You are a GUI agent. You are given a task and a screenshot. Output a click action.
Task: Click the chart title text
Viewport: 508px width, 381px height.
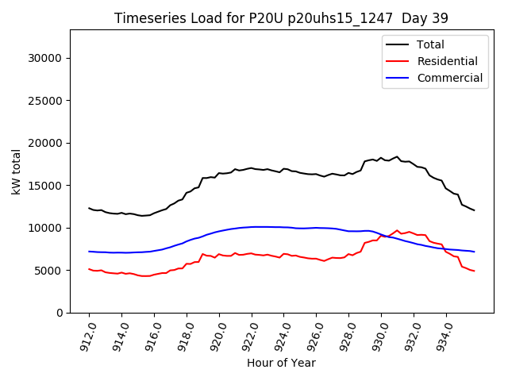coord(282,18)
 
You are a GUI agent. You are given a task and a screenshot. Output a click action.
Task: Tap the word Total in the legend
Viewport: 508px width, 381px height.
coord(430,44)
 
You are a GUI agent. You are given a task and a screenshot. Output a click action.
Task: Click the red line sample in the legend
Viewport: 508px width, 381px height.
coord(398,61)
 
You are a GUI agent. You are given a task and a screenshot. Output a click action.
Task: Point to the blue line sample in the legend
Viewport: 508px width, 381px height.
coord(398,78)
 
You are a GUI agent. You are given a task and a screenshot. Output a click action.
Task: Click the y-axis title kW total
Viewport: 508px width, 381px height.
coord(17,171)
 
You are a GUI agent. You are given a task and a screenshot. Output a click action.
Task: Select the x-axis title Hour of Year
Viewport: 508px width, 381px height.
coord(281,363)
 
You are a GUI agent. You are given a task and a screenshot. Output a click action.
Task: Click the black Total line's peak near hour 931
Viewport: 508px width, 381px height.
coord(397,157)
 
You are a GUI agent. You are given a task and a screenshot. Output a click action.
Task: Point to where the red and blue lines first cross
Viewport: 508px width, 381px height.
coord(381,235)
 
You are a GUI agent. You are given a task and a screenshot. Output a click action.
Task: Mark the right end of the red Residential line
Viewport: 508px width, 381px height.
coord(474,271)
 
